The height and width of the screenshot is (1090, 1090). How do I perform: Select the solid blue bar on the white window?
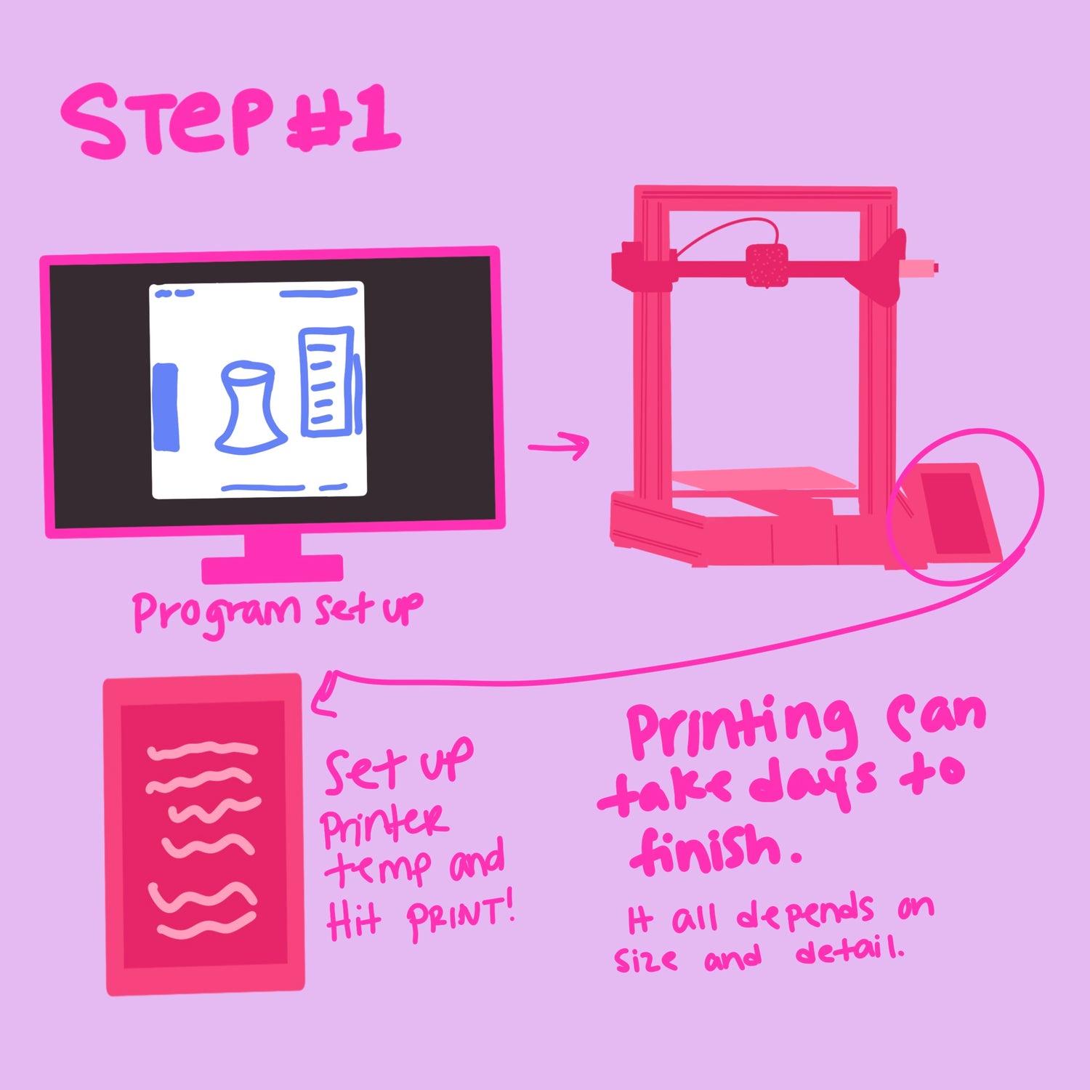tap(166, 407)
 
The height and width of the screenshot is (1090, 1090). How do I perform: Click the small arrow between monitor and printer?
tap(558, 445)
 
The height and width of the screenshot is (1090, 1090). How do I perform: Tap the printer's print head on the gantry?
tap(767, 265)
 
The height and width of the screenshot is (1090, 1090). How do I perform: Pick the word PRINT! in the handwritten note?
tap(461, 917)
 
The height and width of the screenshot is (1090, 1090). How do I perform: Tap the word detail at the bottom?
tap(850, 949)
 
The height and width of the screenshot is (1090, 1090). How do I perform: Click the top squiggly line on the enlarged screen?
tap(203, 751)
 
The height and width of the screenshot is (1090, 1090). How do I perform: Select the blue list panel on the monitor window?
tap(327, 381)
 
